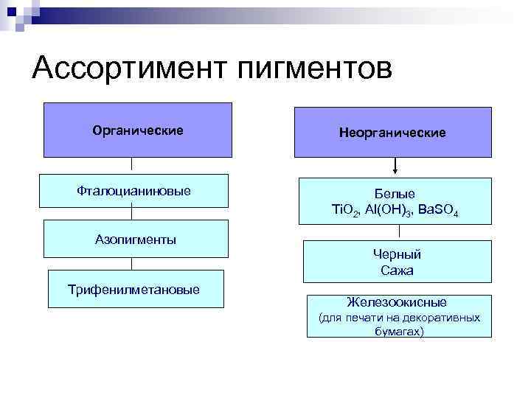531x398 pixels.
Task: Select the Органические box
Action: coord(138,130)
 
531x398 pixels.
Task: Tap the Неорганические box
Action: coord(392,133)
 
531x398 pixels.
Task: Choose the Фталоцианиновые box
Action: coord(133,191)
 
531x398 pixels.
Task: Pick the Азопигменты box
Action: coord(136,239)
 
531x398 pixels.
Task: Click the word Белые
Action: coord(395,193)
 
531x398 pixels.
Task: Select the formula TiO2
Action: coord(346,211)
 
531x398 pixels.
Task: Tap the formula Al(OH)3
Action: coord(388,211)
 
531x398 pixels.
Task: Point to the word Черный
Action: coord(397,254)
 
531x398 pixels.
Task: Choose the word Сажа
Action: coord(397,270)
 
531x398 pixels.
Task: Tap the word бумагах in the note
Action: coord(398,332)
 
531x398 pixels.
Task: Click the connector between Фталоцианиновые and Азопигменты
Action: coord(131,212)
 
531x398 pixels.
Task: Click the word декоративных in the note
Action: coord(445,318)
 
